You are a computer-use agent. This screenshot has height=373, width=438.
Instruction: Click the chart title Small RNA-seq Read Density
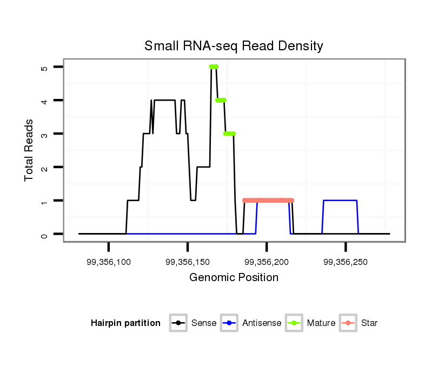click(234, 46)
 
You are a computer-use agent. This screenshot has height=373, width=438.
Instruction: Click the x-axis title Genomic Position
click(234, 278)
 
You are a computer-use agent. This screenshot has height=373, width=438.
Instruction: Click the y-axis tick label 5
click(44, 67)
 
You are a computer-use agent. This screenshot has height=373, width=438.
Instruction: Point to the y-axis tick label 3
click(44, 134)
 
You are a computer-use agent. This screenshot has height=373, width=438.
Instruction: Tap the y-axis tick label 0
click(44, 235)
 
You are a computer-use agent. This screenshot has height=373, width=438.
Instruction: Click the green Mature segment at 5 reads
click(214, 66)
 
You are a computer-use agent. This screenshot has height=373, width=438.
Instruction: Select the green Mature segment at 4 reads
click(221, 100)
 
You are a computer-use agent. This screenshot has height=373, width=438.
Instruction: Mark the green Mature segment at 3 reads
click(230, 134)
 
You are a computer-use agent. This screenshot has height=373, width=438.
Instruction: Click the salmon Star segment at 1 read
click(268, 201)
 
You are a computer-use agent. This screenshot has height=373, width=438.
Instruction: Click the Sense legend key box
click(178, 323)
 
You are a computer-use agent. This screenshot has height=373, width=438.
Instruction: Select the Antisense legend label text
click(262, 323)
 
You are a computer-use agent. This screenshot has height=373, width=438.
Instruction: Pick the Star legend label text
click(369, 323)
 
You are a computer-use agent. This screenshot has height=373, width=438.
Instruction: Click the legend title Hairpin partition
click(125, 323)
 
